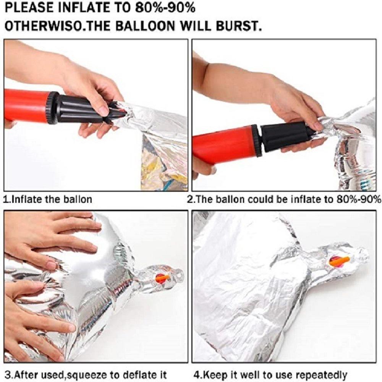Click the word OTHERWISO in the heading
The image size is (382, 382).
tap(44, 26)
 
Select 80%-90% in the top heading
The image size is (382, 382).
tap(165, 8)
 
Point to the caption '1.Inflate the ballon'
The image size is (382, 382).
tap(48, 199)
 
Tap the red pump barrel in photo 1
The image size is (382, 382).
tap(27, 105)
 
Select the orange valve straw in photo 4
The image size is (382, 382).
tap(339, 261)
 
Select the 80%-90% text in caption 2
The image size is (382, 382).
tap(359, 199)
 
